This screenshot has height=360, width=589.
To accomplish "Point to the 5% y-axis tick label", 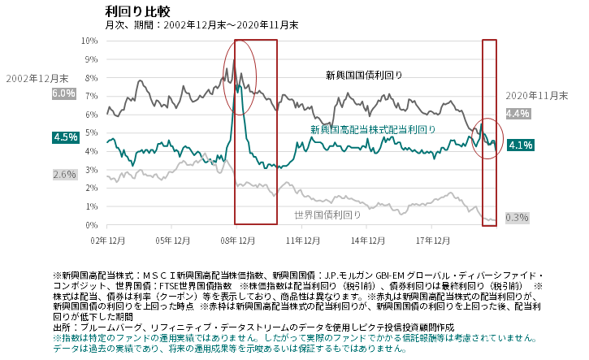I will point(91,132).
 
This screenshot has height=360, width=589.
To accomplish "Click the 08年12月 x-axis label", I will point(237,240).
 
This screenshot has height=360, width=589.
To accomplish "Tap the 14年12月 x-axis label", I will point(368,240).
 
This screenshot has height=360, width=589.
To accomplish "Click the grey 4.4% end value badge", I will point(518,113).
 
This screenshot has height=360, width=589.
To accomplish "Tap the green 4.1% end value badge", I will point(519,145).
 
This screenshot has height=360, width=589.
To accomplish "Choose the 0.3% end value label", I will point(517,217).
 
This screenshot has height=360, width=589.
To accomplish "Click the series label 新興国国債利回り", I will point(364,76).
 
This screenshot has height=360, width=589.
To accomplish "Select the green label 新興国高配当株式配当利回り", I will point(373,129).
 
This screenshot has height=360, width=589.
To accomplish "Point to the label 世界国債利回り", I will point(327,215).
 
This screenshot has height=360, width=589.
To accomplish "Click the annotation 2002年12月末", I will point(37,78).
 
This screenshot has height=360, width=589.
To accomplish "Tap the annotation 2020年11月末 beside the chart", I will point(536,95).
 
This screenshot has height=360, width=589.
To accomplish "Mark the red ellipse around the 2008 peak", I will point(239,83).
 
